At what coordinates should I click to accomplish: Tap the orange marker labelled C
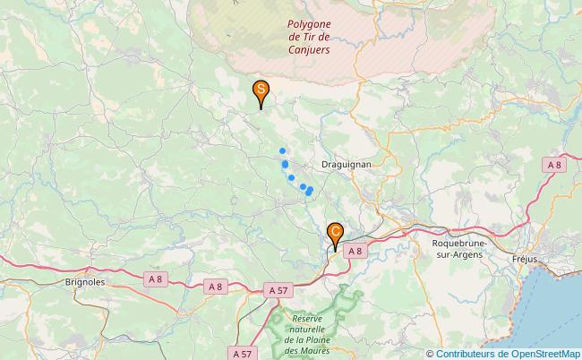coord(335,233)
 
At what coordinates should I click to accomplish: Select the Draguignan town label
coord(347,166)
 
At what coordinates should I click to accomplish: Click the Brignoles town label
coord(86,281)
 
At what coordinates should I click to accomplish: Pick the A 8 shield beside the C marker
coord(356,252)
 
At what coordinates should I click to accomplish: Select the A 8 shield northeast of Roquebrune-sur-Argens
coord(554,164)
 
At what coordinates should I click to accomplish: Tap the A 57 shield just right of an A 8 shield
coord(278,290)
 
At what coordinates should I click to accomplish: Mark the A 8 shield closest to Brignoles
coord(156,279)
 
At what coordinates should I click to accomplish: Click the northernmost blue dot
coord(282,150)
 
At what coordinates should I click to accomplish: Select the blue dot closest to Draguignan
coord(309,189)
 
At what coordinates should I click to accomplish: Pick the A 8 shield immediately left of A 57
coord(215,287)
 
